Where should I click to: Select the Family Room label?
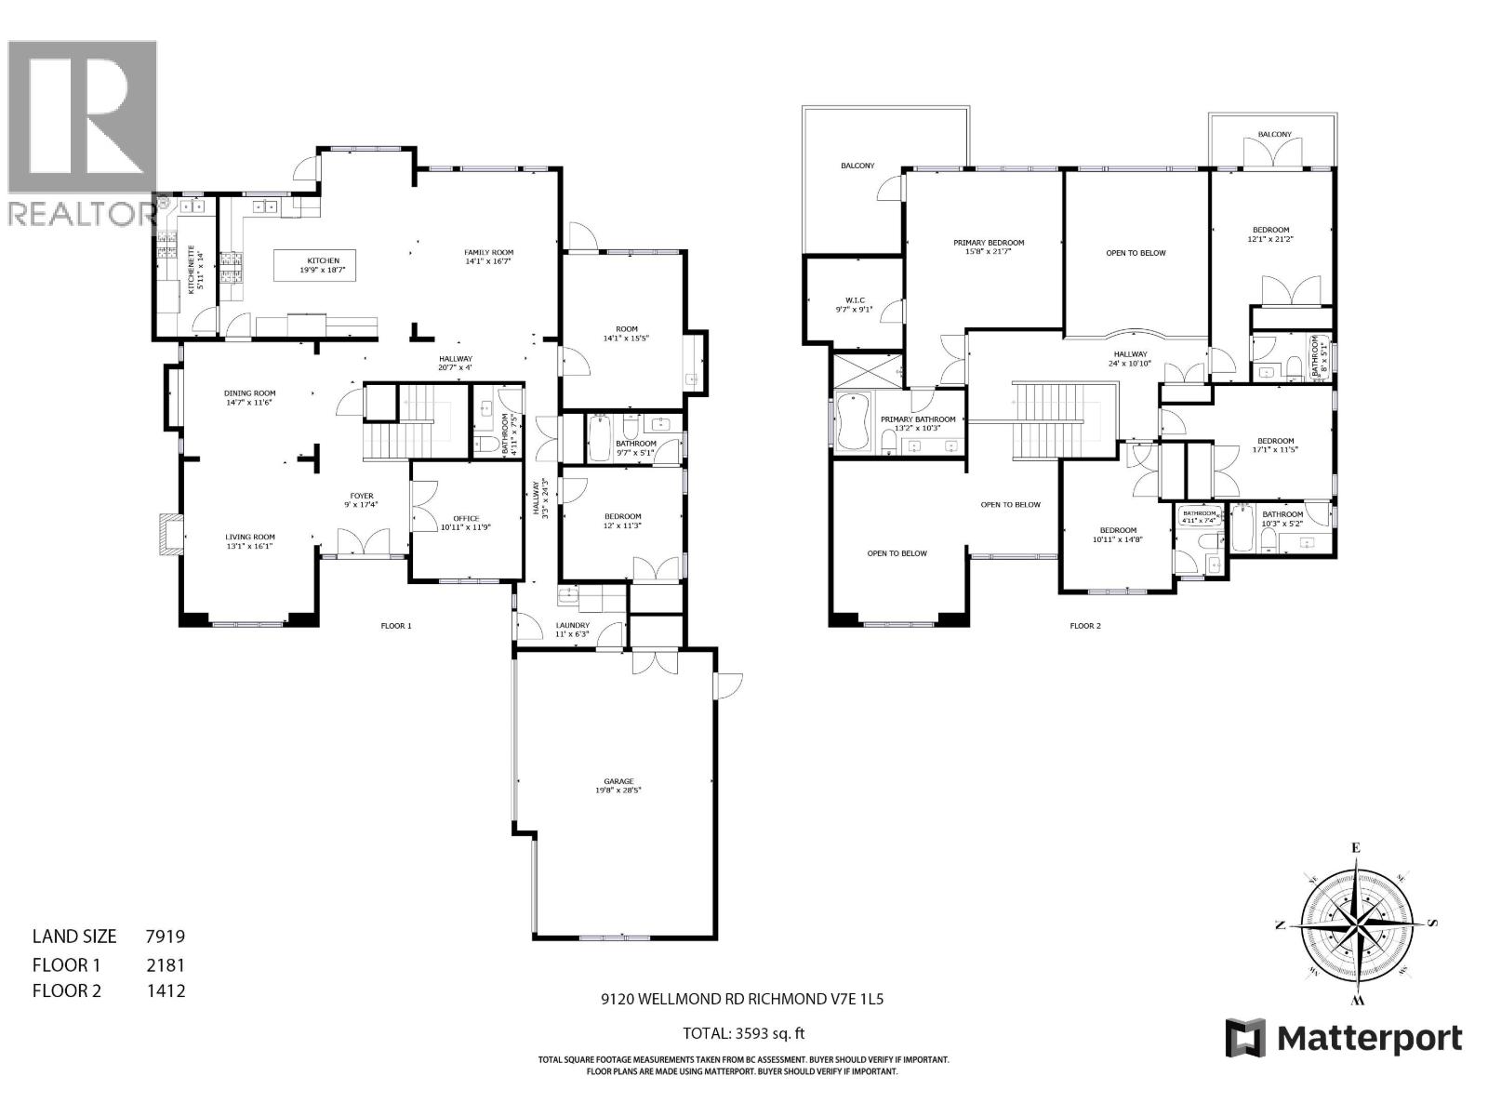[x=489, y=257]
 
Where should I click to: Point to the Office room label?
[x=466, y=523]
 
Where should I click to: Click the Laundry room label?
[x=572, y=630]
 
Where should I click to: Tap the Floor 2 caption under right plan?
[x=1084, y=626]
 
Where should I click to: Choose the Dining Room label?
[x=249, y=398]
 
